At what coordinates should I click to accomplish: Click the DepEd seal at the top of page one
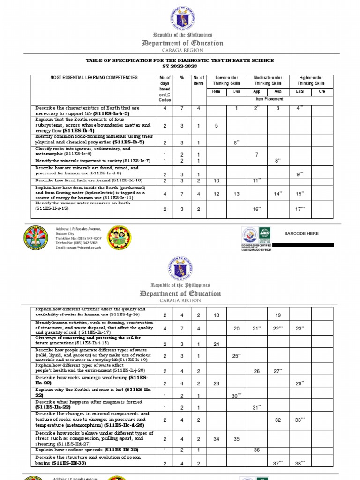point(180,16)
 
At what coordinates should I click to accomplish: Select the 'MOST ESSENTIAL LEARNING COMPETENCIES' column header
point(94,78)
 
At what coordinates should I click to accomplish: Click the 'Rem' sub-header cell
point(216,92)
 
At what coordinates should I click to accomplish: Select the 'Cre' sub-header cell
point(322,92)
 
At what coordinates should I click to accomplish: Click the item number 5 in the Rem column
point(217,126)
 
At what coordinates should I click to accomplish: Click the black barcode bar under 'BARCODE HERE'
point(303,245)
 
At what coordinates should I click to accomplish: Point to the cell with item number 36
point(256,450)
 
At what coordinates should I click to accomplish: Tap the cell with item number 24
point(217,344)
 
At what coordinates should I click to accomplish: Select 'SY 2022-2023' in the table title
point(180,67)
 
